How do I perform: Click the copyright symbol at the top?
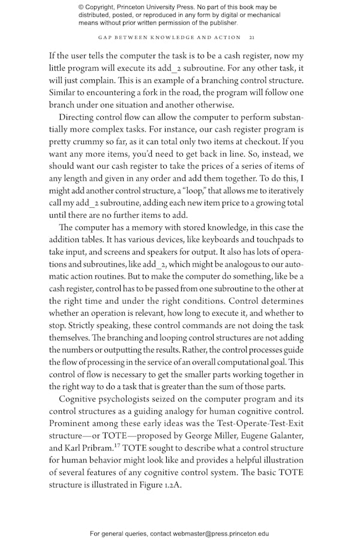coord(82,7)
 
